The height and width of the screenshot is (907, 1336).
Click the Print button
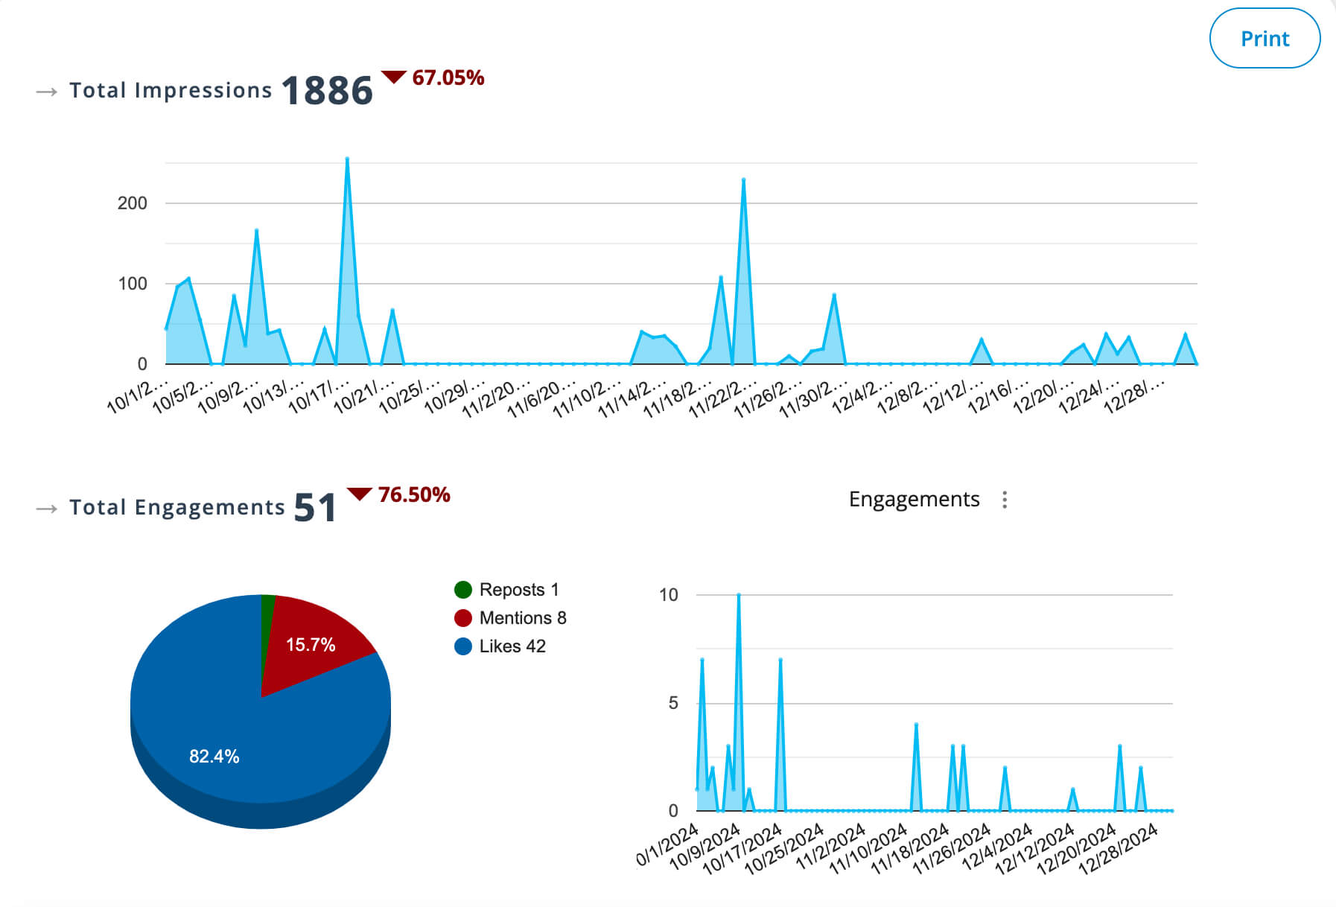coord(1264,39)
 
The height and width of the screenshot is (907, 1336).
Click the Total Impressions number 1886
coord(327,91)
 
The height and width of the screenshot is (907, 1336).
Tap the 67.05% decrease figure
coord(448,77)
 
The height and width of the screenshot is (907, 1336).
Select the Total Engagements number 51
coord(314,508)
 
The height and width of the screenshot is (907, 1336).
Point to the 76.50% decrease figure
coord(413,494)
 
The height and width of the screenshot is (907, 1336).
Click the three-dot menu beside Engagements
coord(1005,500)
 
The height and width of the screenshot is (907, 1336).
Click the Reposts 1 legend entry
coord(506,590)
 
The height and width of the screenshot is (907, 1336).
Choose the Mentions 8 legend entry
coord(510,618)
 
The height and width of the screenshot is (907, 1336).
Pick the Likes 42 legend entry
coord(500,646)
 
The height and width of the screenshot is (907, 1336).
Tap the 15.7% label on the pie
coord(311,645)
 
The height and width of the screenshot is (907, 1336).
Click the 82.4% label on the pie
coord(214,757)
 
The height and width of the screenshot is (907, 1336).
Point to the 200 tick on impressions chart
coord(132,203)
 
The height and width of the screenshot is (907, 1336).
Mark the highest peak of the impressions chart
coord(347,159)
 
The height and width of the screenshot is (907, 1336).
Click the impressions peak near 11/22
coord(743,180)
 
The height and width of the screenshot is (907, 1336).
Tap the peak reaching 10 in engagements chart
coord(738,596)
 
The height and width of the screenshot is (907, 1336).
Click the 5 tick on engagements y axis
coord(672,703)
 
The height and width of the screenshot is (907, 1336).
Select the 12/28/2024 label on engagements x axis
coord(1119,848)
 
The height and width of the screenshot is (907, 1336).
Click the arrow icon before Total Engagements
coord(46,509)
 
